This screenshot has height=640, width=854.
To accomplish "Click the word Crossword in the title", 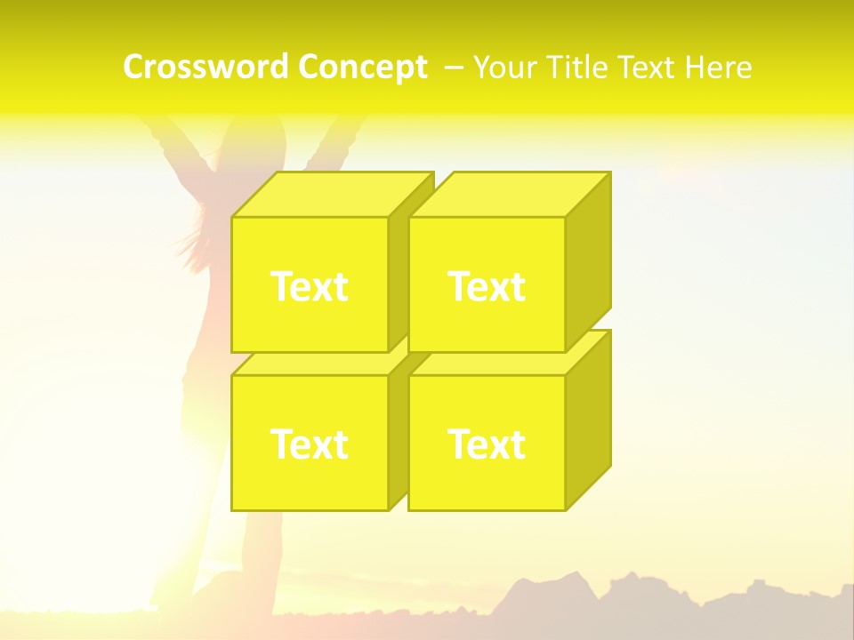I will (205, 67).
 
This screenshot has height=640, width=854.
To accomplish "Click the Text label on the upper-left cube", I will (309, 286).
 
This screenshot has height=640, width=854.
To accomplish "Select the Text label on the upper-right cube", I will (486, 286).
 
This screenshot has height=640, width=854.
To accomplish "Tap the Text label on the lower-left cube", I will (309, 444).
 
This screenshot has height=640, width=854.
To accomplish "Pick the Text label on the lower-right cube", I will (486, 444).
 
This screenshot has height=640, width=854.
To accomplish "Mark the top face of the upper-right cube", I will (509, 195).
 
